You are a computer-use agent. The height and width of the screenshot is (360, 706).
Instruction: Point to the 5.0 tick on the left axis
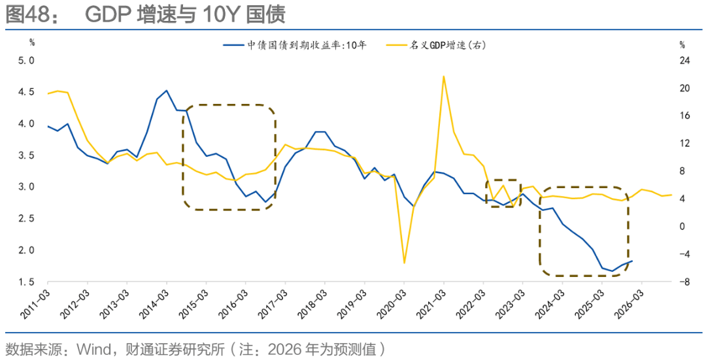click(25, 61)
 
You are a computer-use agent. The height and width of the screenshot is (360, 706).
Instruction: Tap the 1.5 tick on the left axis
click(25, 282)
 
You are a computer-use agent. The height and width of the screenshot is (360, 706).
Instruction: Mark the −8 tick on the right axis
click(684, 282)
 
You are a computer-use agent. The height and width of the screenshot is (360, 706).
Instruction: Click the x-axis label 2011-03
click(37, 303)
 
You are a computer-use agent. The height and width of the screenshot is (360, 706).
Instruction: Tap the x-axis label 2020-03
click(392, 303)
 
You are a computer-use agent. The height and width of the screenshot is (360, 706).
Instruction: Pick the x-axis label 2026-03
click(629, 303)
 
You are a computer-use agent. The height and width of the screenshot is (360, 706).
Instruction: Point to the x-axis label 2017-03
click(274, 303)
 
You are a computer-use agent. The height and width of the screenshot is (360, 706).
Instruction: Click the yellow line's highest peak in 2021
click(443, 76)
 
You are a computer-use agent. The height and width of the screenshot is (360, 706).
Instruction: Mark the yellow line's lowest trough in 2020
click(404, 263)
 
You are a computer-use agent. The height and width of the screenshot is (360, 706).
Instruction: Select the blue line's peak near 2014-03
click(167, 91)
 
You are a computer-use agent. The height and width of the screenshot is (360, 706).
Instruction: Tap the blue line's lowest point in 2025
click(613, 271)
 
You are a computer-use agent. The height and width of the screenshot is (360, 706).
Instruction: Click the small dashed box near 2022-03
click(502, 193)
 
